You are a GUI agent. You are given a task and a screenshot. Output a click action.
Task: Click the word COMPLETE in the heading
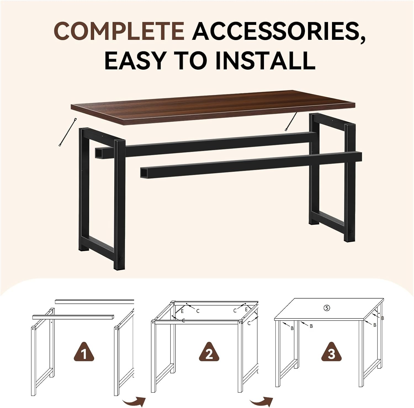pyautogui.click(x=119, y=31)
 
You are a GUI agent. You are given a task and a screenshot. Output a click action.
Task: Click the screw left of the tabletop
pyautogui.click(x=67, y=132)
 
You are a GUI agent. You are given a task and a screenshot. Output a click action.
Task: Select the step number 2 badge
pyautogui.click(x=209, y=352)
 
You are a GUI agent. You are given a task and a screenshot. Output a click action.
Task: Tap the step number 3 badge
pyautogui.click(x=331, y=352)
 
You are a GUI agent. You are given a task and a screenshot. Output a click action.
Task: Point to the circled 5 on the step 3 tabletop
pyautogui.click(x=327, y=308)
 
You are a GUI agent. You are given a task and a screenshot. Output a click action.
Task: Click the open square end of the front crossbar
pyautogui.click(x=144, y=173)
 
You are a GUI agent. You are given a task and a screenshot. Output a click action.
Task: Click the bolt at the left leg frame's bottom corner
pyautogui.click(x=121, y=258)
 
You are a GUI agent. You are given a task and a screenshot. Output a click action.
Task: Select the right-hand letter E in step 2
pyautogui.click(x=246, y=310)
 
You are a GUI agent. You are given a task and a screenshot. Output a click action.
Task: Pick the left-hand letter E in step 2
pyautogui.click(x=182, y=311)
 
